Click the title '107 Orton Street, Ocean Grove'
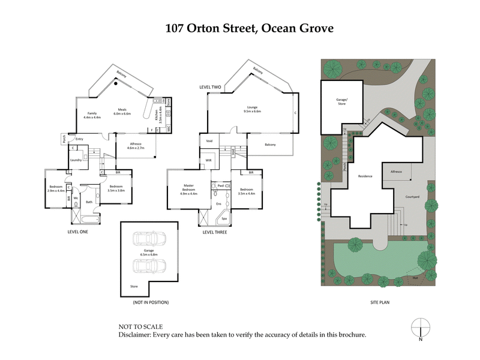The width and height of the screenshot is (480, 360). [x=240, y=28]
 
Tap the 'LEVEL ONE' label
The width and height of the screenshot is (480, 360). [x=79, y=232]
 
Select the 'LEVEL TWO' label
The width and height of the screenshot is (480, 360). [x=211, y=87]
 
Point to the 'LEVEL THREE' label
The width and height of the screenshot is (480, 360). [x=214, y=232]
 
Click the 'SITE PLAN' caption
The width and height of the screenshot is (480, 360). [x=379, y=303]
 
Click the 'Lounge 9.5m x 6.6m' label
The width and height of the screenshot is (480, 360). [x=252, y=109]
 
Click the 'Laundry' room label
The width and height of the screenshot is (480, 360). [x=76, y=160]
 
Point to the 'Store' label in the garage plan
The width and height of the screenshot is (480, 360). [x=134, y=286]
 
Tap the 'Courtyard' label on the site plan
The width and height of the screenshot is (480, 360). [x=412, y=197]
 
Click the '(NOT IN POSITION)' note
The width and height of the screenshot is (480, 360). [x=151, y=303]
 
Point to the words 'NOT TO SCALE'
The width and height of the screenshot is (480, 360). [x=139, y=327]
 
